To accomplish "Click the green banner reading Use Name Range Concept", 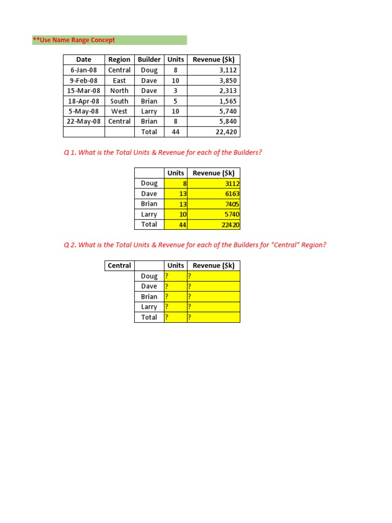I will pyautogui.click(x=109, y=40).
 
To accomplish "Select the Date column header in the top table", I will pyautogui.click(x=84, y=60).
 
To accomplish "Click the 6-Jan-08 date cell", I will pyautogui.click(x=84, y=70).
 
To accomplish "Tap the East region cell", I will pyautogui.click(x=119, y=81).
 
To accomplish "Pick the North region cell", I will pyautogui.click(x=119, y=91).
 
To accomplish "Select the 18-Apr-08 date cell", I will pyautogui.click(x=84, y=101).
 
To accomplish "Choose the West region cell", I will pyautogui.click(x=119, y=111).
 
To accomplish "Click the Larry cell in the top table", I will pyautogui.click(x=149, y=111).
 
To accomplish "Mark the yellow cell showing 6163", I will pyautogui.click(x=214, y=194).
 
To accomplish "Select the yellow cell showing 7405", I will pyautogui.click(x=214, y=204).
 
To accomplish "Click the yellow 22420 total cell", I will pyautogui.click(x=214, y=224).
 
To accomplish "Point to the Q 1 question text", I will pyautogui.click(x=163, y=153).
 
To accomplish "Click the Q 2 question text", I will pyautogui.click(x=195, y=245).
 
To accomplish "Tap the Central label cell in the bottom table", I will pyautogui.click(x=119, y=266).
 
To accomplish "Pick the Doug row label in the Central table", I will pyautogui.click(x=149, y=276).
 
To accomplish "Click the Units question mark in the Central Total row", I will pyautogui.click(x=176, y=317).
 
